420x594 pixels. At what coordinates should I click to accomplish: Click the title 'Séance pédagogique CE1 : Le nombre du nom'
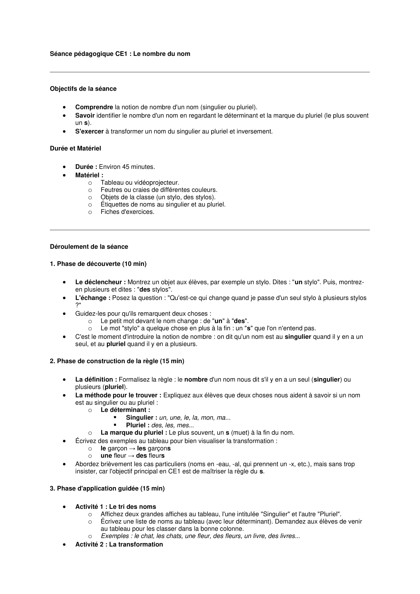(120, 54)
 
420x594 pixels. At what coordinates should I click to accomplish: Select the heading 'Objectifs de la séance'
(83, 89)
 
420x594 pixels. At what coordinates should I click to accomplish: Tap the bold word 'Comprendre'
(94, 107)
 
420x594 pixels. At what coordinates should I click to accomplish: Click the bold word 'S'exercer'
(89, 132)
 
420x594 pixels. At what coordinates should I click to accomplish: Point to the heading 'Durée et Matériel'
(75, 149)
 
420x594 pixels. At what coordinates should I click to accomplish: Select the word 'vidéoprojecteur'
(157, 183)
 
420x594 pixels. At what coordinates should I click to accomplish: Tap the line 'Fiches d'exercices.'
(127, 212)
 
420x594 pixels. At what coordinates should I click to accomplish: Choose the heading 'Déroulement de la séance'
(89, 247)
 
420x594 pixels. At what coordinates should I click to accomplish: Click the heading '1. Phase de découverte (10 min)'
(98, 264)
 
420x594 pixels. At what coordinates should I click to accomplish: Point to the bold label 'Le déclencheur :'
(100, 282)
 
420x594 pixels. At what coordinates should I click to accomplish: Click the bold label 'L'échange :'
(93, 298)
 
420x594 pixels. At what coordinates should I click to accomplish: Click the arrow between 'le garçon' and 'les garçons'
(132, 448)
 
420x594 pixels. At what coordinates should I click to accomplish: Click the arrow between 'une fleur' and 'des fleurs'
(131, 456)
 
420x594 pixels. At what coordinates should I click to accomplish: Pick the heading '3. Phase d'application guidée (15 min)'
(107, 488)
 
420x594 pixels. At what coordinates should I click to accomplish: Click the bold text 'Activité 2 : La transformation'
(119, 544)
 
